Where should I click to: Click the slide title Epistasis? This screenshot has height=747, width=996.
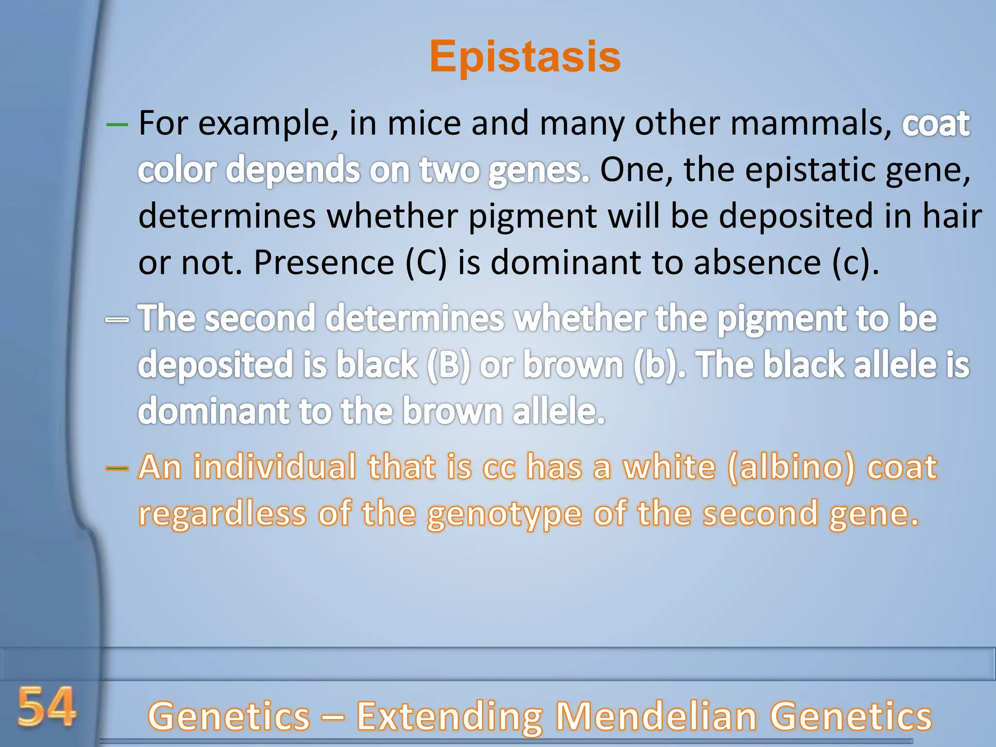[x=525, y=57]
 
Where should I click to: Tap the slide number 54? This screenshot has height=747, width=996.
[x=47, y=707]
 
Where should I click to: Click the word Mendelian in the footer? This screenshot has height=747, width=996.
[x=656, y=716]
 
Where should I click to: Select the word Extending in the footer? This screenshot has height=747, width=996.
[x=450, y=716]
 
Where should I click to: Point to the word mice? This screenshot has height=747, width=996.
[x=424, y=124]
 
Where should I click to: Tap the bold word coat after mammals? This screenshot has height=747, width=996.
[x=936, y=124]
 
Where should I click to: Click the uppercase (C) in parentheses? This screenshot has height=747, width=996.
[x=426, y=263]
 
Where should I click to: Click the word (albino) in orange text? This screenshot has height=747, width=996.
[x=791, y=467]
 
